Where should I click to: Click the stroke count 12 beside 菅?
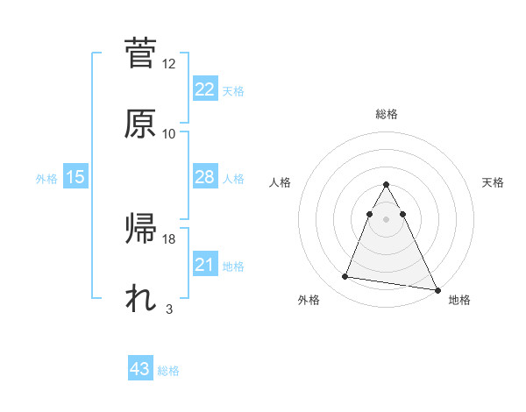click(x=169, y=64)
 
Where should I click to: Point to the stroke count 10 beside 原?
click(x=169, y=133)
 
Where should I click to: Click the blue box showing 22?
click(x=204, y=89)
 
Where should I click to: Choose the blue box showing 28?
click(x=204, y=177)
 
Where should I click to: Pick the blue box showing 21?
click(x=204, y=265)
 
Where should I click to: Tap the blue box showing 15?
click(x=75, y=177)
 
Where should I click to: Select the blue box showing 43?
click(x=140, y=369)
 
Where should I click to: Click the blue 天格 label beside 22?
click(x=232, y=91)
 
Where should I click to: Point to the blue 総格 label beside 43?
click(x=168, y=371)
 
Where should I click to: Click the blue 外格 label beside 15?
click(x=46, y=179)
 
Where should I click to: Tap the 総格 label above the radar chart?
click(x=386, y=114)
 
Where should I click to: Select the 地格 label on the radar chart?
click(x=459, y=301)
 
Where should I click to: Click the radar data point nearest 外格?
click(x=345, y=277)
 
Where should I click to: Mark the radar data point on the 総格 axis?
click(x=386, y=184)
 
